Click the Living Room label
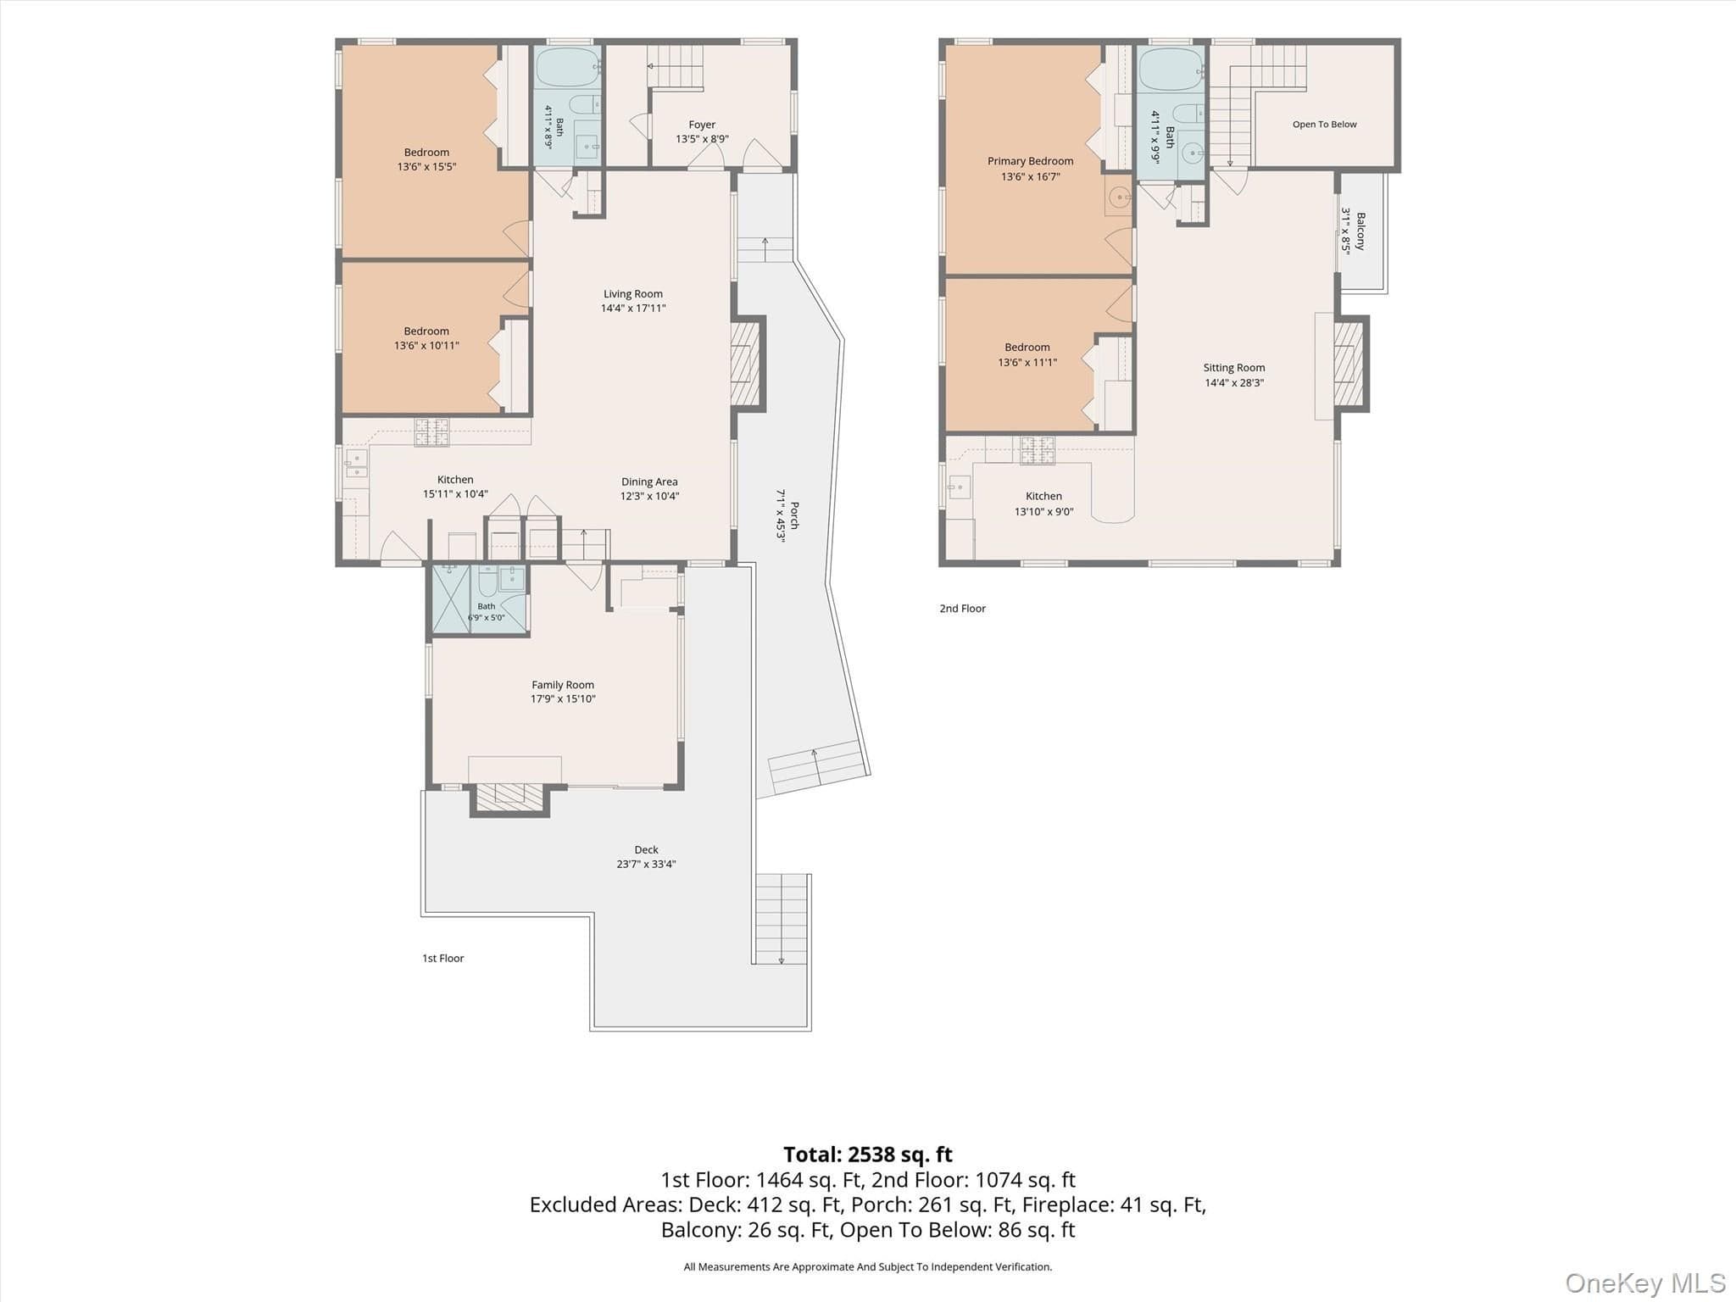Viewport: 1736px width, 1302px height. click(633, 294)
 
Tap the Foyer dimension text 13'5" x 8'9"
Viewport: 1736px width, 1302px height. click(702, 139)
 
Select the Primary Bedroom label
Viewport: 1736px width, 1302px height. click(1030, 161)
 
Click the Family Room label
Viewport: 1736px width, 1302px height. click(563, 685)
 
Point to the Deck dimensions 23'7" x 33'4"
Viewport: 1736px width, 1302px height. click(646, 865)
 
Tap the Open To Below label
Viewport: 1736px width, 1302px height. click(1324, 125)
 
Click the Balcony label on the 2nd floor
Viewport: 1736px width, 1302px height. click(1360, 231)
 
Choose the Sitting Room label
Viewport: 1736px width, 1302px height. click(1234, 368)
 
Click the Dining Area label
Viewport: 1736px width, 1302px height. click(649, 482)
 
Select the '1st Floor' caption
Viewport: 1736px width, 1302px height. click(443, 959)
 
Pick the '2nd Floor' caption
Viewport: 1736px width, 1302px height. click(962, 609)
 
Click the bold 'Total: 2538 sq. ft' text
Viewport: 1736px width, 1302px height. click(868, 1155)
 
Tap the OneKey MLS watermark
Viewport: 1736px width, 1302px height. click(1645, 1283)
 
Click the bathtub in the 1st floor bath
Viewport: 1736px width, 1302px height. click(567, 68)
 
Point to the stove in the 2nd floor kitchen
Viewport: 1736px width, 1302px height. click(1038, 450)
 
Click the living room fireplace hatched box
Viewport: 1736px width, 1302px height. click(745, 364)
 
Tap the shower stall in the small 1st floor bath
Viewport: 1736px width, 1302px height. click(451, 598)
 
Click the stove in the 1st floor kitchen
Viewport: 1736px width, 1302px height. click(431, 432)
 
